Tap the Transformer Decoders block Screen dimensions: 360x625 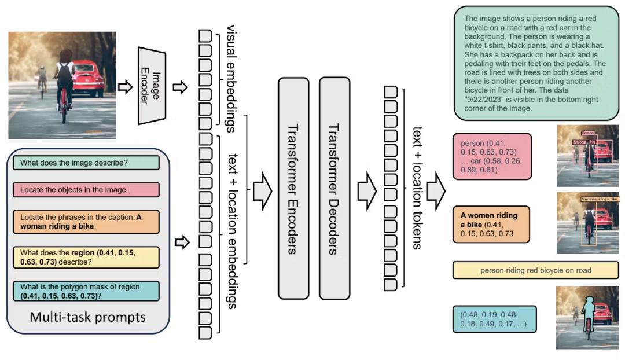(334, 188)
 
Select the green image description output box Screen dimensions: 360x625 (535, 63)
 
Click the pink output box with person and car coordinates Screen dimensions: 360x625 (492, 156)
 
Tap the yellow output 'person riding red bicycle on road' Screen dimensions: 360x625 (535, 270)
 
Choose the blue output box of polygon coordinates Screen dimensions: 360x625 (495, 319)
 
